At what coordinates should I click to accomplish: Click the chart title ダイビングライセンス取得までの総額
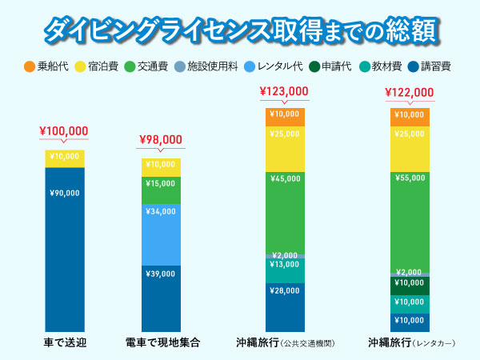coord(240,30)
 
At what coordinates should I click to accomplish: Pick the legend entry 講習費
coord(429,66)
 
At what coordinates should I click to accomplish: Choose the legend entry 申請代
coord(330,66)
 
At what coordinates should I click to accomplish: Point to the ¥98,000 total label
coord(161,138)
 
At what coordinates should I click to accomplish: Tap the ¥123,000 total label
coord(284,91)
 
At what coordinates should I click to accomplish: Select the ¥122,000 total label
coord(410,91)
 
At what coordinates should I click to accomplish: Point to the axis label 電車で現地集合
coord(162,342)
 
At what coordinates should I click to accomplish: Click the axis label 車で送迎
coord(64,342)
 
